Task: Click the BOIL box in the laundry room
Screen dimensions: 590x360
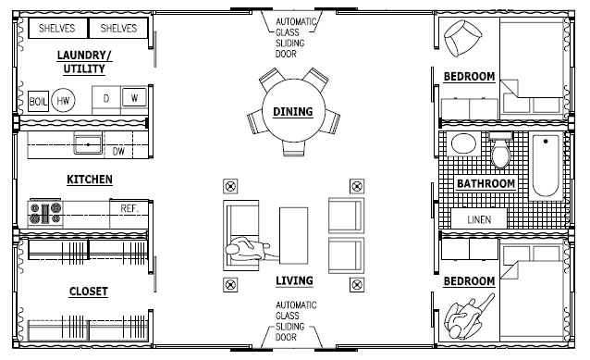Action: [x=38, y=101]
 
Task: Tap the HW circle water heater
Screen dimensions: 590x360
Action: [x=63, y=100]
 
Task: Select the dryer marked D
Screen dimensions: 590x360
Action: [x=106, y=99]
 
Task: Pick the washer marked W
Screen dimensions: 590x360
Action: [x=134, y=98]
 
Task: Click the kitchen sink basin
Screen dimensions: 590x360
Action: [x=88, y=144]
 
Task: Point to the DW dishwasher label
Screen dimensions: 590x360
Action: [x=118, y=152]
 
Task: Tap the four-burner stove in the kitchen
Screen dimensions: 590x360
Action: [x=45, y=213]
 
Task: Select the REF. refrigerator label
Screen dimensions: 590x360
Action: [x=129, y=208]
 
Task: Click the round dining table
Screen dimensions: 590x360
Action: [x=293, y=110]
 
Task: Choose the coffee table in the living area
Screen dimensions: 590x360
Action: [x=293, y=235]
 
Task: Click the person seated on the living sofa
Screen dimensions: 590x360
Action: [x=248, y=249]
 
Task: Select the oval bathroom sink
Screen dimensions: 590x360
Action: [x=463, y=143]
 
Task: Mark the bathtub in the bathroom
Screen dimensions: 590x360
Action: [x=546, y=166]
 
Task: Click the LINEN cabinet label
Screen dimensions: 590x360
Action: [x=479, y=219]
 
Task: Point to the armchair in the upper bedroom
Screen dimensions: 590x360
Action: [x=461, y=38]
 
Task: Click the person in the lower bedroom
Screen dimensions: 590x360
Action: [x=467, y=316]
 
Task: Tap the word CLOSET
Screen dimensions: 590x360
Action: [x=89, y=292]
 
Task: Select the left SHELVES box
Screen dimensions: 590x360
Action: [x=56, y=29]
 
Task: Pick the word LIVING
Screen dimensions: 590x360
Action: [x=294, y=280]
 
